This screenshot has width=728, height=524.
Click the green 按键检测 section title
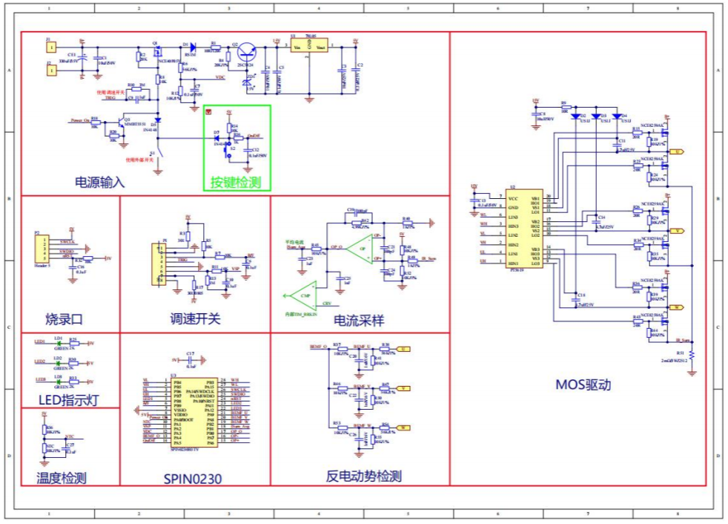tap(236, 182)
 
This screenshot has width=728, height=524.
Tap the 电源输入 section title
tap(100, 182)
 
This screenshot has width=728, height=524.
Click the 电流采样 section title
tap(359, 320)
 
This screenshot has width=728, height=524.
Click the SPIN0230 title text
tap(193, 478)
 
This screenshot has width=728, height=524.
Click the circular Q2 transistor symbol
tap(247, 54)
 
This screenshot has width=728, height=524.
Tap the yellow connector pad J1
tap(51, 47)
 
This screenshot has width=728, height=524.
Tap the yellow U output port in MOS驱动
tap(676, 151)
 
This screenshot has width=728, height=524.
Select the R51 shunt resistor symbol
tap(692, 356)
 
